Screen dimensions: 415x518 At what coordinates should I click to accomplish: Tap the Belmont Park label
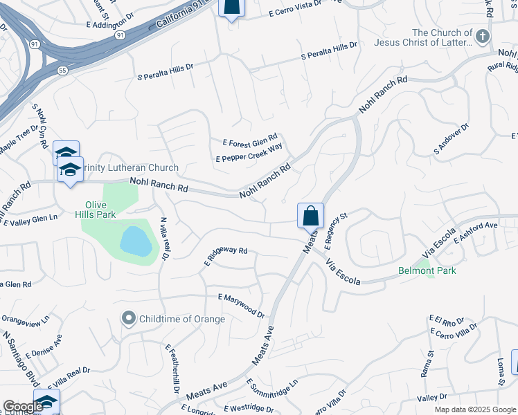pyautogui.click(x=428, y=270)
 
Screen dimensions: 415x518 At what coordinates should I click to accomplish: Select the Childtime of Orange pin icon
pyautogui.click(x=128, y=319)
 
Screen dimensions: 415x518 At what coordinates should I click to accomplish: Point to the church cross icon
pyautogui.click(x=483, y=36)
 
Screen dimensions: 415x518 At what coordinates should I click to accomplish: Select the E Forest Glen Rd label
pyautogui.click(x=249, y=140)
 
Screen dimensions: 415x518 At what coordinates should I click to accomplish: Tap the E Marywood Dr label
pyautogui.click(x=241, y=305)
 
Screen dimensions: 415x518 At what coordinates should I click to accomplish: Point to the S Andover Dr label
pyautogui.click(x=451, y=139)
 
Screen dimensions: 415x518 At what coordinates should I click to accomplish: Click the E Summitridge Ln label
pyautogui.click(x=271, y=391)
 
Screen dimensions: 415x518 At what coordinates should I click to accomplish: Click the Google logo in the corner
pyautogui.click(x=22, y=407)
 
